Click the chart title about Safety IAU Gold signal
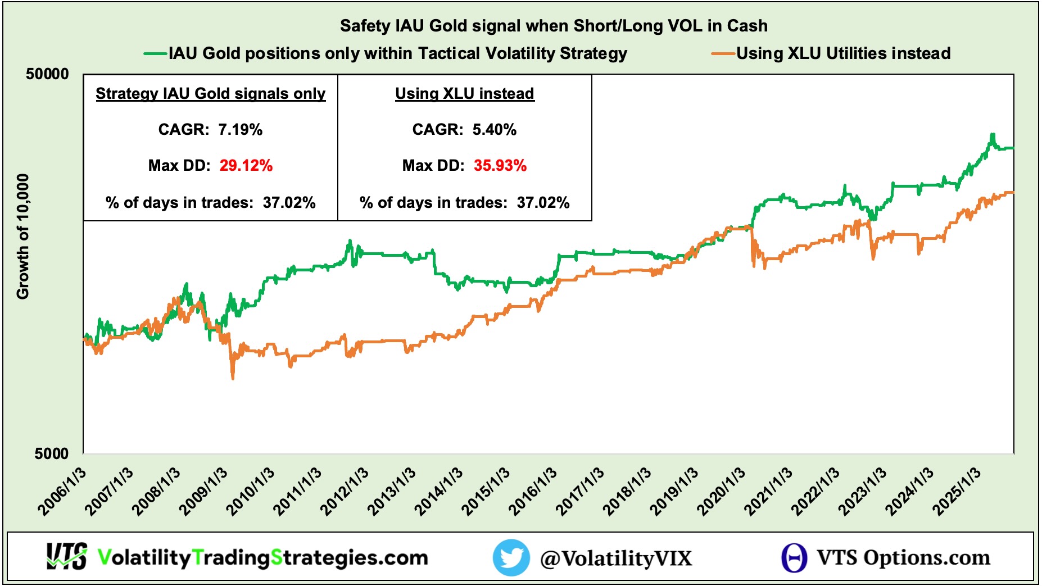pos(554,26)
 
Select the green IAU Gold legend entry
pos(397,53)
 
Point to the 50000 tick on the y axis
pos(48,74)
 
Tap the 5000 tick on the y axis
pos(52,453)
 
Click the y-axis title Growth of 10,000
pos(22,236)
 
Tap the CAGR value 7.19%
pos(240,130)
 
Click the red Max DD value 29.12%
pos(246,166)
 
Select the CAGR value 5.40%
pos(494,130)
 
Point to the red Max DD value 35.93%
pos(500,166)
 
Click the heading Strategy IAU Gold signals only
pos(211,94)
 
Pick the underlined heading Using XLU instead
pos(465,94)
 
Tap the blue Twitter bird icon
pos(511,557)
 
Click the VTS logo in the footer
pos(67,557)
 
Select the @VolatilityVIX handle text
pos(616,558)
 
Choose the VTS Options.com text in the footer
pos(903,557)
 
